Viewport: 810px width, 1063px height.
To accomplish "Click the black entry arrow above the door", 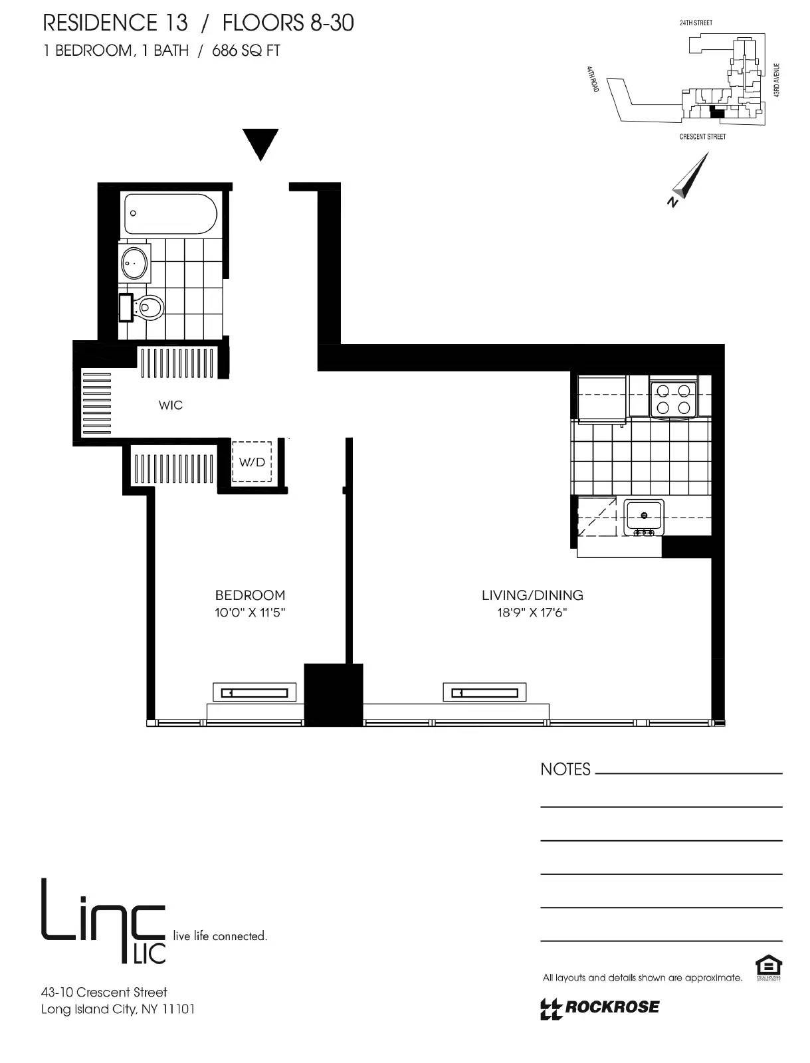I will click(x=260, y=143).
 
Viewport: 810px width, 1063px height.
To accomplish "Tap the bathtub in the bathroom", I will click(x=171, y=214).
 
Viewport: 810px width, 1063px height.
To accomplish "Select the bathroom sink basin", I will click(x=135, y=263).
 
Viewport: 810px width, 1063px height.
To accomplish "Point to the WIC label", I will click(x=171, y=405).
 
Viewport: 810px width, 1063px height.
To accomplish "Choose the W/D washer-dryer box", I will click(x=252, y=462).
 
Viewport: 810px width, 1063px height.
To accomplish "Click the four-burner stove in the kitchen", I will click(x=672, y=399).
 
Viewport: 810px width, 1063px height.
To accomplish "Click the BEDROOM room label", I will click(x=250, y=595).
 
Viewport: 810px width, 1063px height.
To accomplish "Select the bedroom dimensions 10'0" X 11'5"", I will click(x=250, y=613).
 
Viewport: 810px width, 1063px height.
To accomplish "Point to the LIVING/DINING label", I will click(x=532, y=595).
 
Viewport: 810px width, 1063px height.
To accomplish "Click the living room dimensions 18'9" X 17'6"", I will click(x=532, y=613).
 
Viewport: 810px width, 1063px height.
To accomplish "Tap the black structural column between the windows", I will click(x=334, y=694).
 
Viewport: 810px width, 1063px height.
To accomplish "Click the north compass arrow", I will click(x=691, y=178).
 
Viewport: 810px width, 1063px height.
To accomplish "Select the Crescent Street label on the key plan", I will click(x=702, y=137).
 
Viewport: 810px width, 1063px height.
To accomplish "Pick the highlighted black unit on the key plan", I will click(x=716, y=112).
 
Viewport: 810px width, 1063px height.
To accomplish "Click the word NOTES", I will click(x=565, y=769).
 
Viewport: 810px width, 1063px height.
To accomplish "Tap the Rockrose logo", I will click(x=600, y=1007).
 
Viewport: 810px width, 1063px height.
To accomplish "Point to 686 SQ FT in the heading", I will click(x=246, y=50).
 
